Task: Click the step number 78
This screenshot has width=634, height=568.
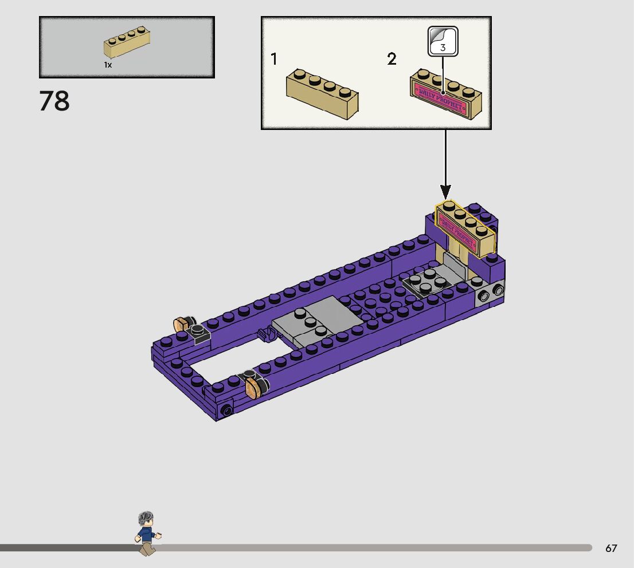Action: point(54,101)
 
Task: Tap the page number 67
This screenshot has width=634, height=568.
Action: point(611,548)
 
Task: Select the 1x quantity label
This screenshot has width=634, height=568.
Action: point(108,65)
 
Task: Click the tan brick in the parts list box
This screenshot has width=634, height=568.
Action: point(127,42)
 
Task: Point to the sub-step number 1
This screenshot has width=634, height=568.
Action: point(274,59)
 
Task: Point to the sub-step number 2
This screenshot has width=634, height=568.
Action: point(392,59)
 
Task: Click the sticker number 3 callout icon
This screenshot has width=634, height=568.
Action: point(443,41)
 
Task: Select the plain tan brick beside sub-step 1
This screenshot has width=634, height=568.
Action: point(322,94)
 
